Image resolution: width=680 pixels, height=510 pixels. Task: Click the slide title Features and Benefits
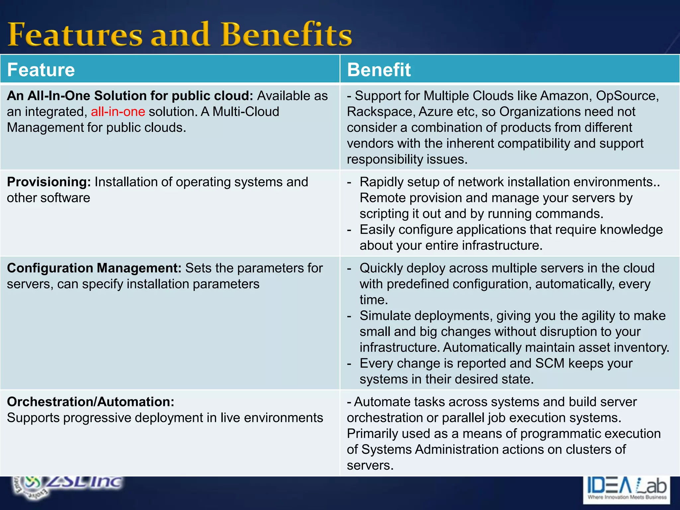(x=179, y=34)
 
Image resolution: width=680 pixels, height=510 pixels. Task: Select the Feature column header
(x=41, y=70)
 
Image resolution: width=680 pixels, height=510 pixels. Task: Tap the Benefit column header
(x=379, y=70)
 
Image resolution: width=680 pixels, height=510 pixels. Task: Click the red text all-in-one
(x=118, y=112)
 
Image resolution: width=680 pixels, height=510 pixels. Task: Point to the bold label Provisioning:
(x=49, y=182)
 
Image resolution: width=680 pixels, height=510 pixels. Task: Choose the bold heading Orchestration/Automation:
(x=90, y=402)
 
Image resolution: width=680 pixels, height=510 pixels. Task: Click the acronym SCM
(x=550, y=363)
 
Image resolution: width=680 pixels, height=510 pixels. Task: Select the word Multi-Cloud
(x=246, y=112)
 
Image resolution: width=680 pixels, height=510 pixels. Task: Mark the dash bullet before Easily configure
(x=349, y=230)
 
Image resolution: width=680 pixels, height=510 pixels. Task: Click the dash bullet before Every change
(x=349, y=364)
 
